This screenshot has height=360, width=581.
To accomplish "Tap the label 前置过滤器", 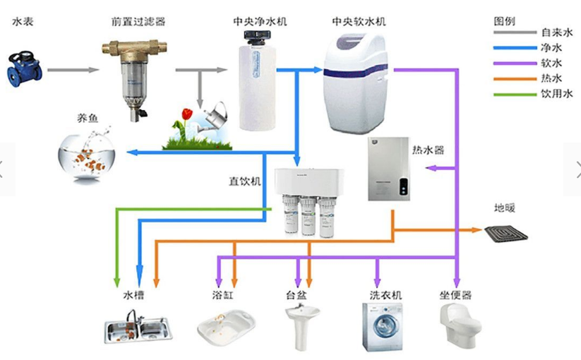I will point(138,22).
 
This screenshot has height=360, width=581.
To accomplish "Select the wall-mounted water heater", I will point(388,169).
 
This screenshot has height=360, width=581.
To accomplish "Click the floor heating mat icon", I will point(506,230).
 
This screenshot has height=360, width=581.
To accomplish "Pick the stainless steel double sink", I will point(138,328).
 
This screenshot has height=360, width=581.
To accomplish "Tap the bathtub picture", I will point(225,326).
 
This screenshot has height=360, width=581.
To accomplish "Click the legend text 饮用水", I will point(557,93).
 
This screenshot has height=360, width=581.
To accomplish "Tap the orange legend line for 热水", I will point(515,78).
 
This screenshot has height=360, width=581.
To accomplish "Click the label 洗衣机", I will point(385,294).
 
